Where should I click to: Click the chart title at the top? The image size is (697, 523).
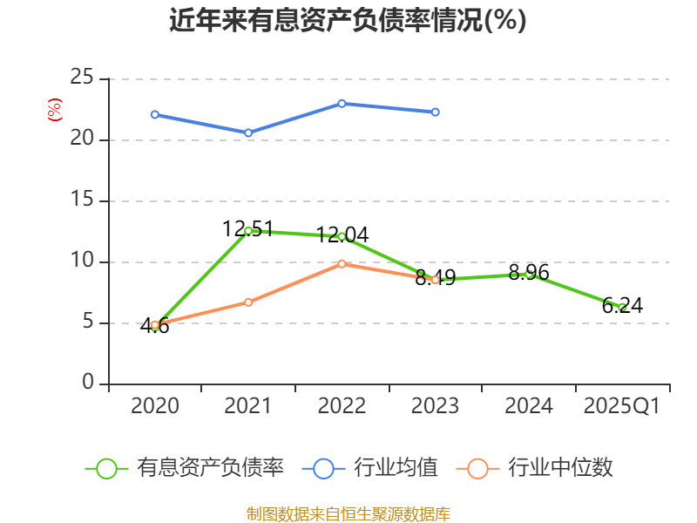[x=348, y=20]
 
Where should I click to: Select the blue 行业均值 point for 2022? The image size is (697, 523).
[x=342, y=104]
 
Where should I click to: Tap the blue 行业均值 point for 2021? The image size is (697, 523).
[x=248, y=132]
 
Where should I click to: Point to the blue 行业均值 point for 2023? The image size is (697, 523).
[x=436, y=112]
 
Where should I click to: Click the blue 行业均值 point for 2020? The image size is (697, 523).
[x=154, y=114]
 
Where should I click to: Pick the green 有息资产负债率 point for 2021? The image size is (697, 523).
[x=248, y=231]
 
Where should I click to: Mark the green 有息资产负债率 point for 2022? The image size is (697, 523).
[x=342, y=236]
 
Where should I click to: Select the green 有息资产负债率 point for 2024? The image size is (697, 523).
[x=529, y=274]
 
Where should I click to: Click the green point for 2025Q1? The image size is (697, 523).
[x=622, y=307]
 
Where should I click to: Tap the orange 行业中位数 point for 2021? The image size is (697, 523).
[x=248, y=302]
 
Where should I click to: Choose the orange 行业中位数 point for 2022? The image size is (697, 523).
[x=342, y=263]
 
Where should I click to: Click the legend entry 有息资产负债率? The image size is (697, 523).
[x=185, y=468]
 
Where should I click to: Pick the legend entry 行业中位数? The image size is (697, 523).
[x=535, y=468]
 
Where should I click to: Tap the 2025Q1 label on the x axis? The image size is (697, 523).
[x=622, y=406]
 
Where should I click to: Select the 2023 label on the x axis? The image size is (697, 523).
[x=436, y=406]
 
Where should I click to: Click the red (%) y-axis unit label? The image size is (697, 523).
[x=54, y=111]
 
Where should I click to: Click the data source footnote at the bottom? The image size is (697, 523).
[x=348, y=513]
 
